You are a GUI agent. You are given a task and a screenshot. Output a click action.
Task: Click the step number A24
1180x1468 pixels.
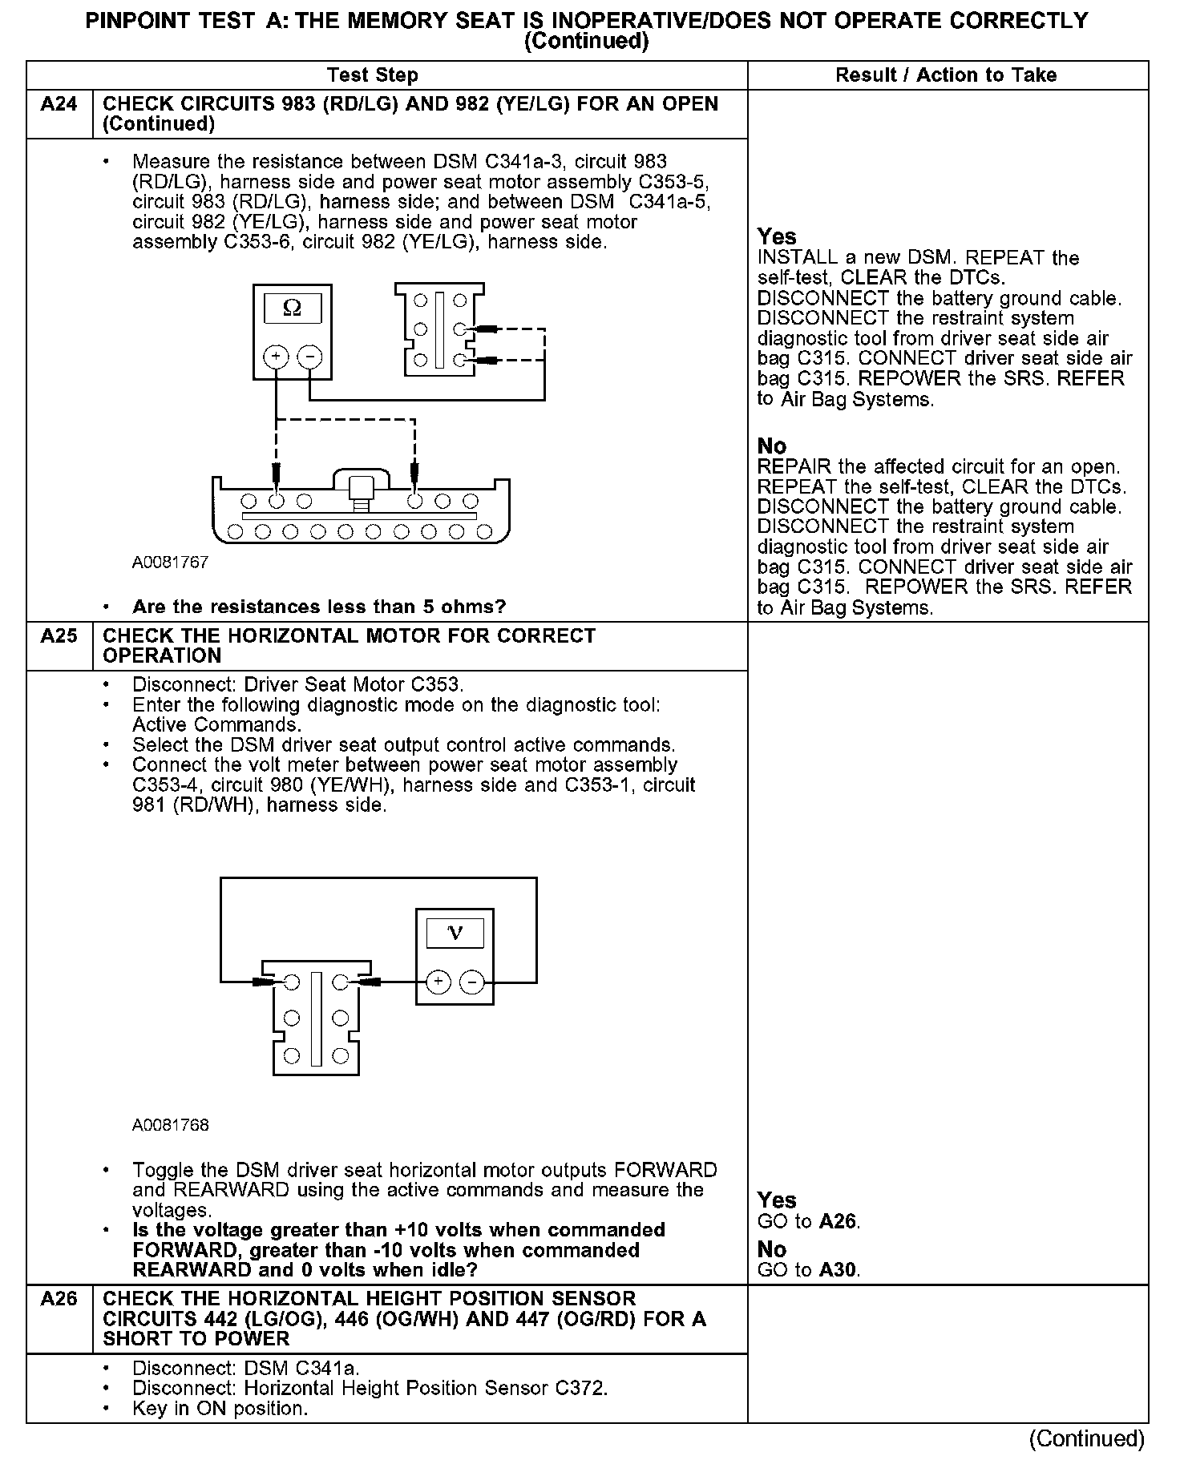tap(59, 104)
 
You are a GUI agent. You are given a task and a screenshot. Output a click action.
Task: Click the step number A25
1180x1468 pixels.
tap(59, 636)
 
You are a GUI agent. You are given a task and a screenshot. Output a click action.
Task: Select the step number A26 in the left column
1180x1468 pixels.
tap(59, 1299)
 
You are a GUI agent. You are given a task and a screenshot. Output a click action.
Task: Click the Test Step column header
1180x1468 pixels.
tap(372, 75)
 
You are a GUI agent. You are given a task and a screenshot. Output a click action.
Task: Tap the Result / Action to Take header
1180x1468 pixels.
tap(946, 75)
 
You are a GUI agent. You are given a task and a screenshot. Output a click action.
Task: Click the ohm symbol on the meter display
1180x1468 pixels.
tap(293, 309)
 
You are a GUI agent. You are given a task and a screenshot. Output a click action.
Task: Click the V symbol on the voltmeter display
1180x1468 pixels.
tap(455, 933)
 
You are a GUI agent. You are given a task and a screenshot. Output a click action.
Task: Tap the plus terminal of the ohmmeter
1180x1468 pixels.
tap(276, 357)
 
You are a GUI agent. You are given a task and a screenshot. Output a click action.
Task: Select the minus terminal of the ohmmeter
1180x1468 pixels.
tap(309, 357)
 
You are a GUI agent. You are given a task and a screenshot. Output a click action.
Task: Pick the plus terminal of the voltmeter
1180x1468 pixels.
tap(438, 982)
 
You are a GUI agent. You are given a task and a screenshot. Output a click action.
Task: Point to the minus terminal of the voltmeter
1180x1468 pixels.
tap(472, 982)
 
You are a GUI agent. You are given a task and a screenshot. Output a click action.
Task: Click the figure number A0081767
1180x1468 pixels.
tap(170, 563)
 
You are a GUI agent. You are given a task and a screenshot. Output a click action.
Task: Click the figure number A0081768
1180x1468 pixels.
tap(170, 1125)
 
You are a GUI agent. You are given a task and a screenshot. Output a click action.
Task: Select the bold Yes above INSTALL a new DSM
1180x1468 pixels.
tap(777, 237)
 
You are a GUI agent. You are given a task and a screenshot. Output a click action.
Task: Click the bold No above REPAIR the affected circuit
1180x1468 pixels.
tap(772, 446)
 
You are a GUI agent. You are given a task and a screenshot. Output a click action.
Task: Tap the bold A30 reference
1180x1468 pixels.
tap(838, 1270)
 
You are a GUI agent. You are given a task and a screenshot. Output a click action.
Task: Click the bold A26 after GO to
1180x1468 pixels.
tap(838, 1222)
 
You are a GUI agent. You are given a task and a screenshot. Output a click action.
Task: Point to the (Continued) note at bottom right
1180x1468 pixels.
tap(1086, 1439)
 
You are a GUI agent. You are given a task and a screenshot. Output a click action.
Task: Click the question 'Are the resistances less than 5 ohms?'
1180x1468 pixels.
tap(319, 607)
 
